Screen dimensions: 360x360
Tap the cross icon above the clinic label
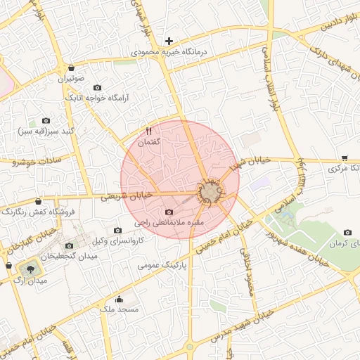[169, 41]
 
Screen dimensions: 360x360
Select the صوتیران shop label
[71, 79]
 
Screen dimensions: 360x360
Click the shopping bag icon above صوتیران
[72, 68]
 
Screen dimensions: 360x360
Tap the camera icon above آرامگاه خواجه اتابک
[97, 87]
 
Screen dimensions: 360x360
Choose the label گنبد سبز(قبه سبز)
[46, 131]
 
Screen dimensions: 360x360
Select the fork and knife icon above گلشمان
[148, 131]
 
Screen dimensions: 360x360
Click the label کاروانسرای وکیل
[118, 241]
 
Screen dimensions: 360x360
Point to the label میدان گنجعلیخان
[69, 257]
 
